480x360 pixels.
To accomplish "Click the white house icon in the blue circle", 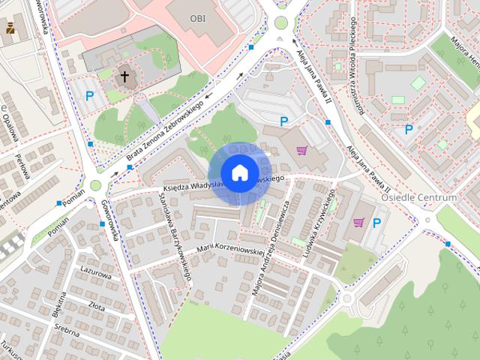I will pos(239,172).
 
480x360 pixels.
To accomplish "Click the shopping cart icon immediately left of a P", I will pos(358,222).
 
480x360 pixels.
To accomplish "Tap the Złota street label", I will pos(97,305).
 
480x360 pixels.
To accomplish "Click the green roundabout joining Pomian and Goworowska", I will pos(96,185).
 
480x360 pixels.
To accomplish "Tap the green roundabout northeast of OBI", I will pos(281,22).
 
